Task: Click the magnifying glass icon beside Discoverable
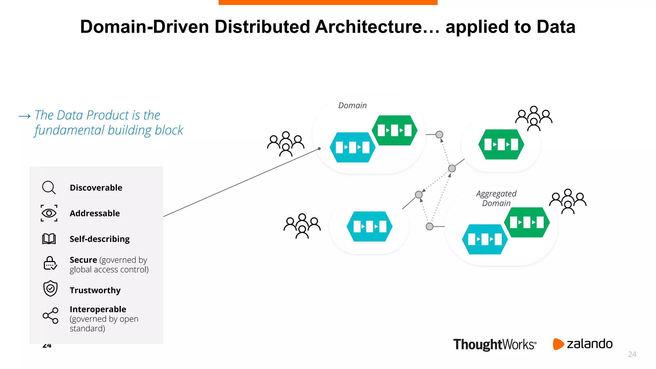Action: click(49, 187)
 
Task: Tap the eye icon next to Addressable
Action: click(49, 213)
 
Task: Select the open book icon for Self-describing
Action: click(49, 239)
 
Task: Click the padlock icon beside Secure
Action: click(50, 263)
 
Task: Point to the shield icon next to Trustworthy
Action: click(50, 289)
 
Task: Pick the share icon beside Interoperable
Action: click(51, 316)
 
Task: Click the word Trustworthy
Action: click(95, 290)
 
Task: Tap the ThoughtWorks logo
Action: click(495, 344)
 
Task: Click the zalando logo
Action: click(583, 344)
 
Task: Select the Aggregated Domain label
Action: click(496, 198)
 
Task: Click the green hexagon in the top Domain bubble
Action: click(395, 130)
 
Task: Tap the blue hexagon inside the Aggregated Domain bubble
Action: click(485, 239)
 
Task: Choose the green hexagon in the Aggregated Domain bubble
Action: click(527, 222)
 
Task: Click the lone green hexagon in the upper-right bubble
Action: click(501, 144)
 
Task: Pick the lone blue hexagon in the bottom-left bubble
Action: click(369, 226)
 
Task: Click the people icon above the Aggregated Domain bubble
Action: click(568, 201)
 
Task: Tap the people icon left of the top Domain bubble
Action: click(286, 144)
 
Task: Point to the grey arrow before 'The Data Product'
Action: click(25, 116)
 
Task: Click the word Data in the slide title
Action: click(556, 27)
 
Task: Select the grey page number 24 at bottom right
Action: click(632, 354)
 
